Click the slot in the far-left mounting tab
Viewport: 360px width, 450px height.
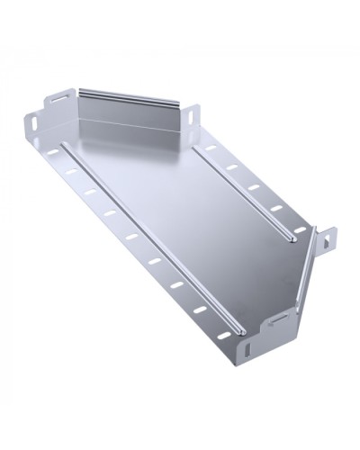coord(33,123)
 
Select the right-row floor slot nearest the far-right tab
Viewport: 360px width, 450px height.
coord(299,229)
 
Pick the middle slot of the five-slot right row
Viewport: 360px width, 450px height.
coord(255,187)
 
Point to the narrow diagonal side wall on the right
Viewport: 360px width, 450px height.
coord(303,270)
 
